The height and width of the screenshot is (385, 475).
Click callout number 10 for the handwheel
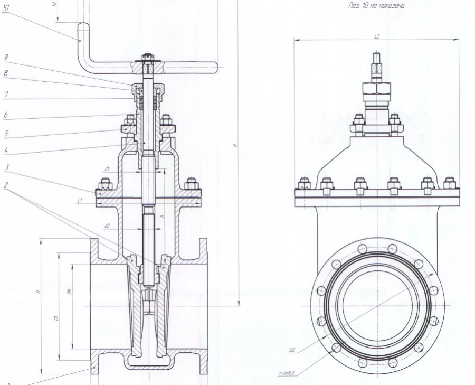(x=5, y=8)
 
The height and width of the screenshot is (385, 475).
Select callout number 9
(x=5, y=57)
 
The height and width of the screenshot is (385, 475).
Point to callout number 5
(x=5, y=134)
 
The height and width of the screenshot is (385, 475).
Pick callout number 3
(x=5, y=166)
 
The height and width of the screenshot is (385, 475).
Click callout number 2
(x=5, y=185)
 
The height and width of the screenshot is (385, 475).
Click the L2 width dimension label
(x=377, y=36)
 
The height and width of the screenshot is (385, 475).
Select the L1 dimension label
(x=78, y=200)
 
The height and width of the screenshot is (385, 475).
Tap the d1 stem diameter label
(x=107, y=168)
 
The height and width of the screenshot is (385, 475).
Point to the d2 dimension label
(x=107, y=226)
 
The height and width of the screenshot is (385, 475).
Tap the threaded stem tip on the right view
(x=376, y=58)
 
